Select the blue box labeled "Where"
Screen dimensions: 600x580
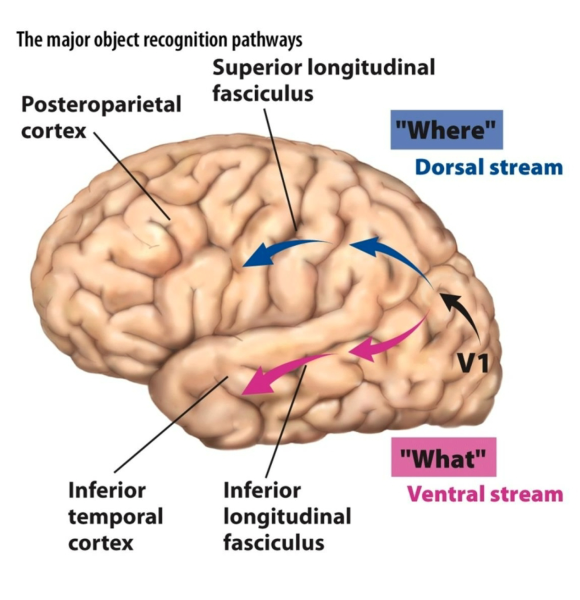coord(447,130)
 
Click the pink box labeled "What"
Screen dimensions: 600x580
coord(443,457)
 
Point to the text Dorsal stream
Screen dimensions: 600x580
coord(489,167)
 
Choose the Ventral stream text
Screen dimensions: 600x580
coord(485,494)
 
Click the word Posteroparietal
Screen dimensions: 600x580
coord(101,105)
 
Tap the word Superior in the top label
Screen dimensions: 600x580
coord(257,68)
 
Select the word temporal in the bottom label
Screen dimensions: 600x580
coord(116,517)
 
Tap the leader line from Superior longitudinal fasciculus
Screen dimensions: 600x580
coord(280,170)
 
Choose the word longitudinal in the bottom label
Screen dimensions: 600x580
coord(287,517)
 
